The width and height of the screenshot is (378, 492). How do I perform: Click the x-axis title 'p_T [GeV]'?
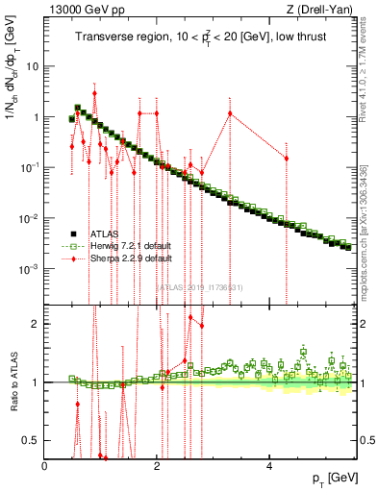pos(329,478)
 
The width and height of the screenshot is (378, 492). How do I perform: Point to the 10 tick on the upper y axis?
pos(33,67)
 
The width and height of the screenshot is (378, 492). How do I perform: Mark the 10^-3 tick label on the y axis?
pos(30,269)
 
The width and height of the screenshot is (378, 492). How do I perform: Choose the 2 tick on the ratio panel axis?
pos(37,324)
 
